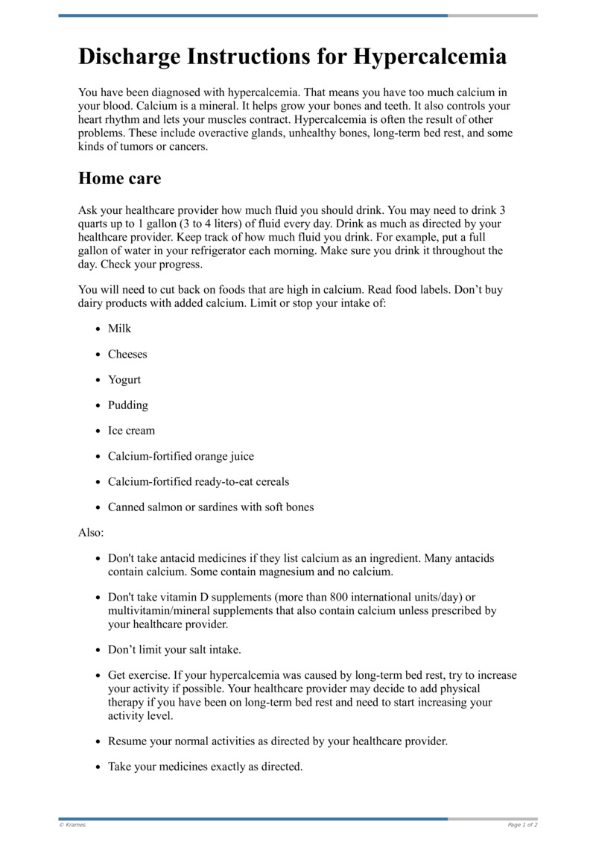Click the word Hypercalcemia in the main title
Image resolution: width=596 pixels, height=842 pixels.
point(430,57)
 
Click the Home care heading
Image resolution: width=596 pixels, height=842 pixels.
point(119,179)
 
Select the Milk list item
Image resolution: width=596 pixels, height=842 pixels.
point(119,329)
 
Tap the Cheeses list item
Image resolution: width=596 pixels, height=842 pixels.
point(127,354)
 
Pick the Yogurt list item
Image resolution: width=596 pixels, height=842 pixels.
point(124,379)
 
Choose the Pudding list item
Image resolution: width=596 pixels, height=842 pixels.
point(128,405)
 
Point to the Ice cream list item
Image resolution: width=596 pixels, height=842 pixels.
point(131,431)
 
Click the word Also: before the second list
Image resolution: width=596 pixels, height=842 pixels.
point(91,533)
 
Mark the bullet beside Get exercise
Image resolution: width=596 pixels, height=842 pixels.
point(99,676)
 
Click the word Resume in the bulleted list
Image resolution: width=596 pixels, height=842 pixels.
point(127,741)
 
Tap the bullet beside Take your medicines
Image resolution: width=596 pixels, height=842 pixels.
point(99,767)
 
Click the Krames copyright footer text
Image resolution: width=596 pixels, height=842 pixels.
point(72,825)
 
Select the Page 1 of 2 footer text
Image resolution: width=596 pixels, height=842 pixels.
point(522,825)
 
